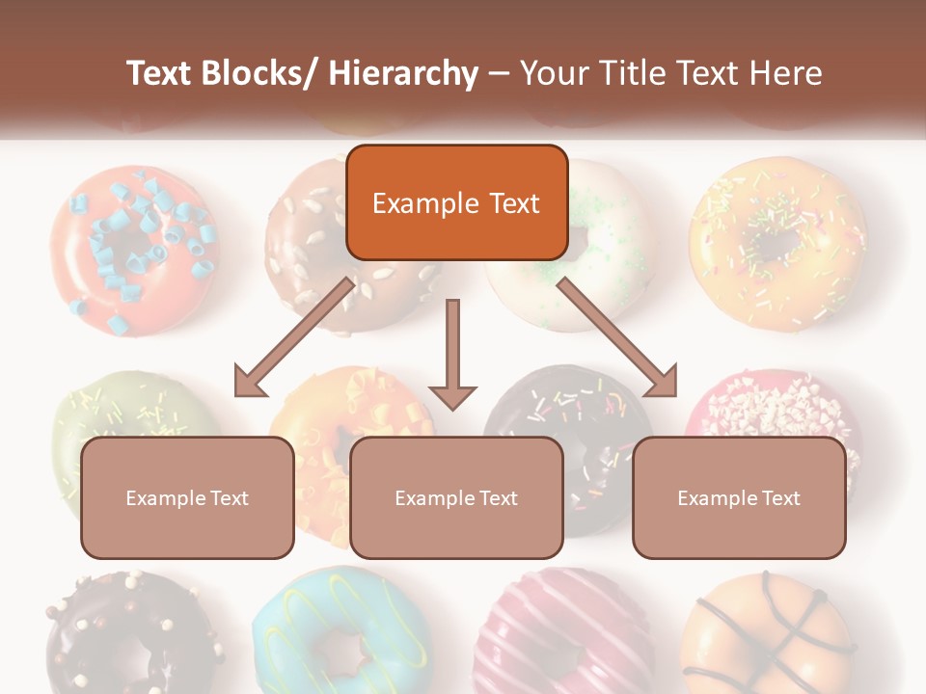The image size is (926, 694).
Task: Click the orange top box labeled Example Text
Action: [456, 202]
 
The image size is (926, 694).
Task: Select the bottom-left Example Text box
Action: [187, 497]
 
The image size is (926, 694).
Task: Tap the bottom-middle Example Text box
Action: [456, 497]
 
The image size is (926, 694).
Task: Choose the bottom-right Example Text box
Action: [739, 497]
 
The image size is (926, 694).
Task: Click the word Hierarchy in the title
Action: [403, 73]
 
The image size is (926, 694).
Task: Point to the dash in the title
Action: [499, 73]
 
